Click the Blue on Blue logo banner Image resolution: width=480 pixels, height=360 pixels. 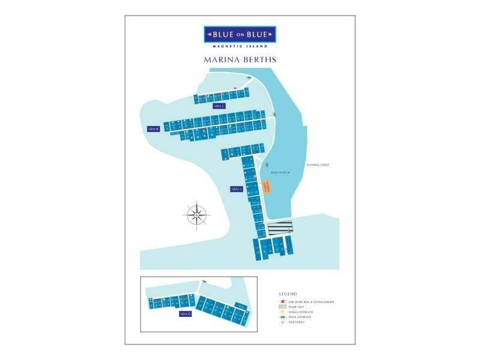[x=239, y=34]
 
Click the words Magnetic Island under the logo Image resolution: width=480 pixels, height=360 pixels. [x=239, y=47]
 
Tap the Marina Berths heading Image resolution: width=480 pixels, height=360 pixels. [x=239, y=61]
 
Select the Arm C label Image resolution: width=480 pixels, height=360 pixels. [x=219, y=106]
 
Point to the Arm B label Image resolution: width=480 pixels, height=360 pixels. [x=153, y=128]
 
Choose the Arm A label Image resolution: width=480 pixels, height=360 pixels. [x=236, y=189]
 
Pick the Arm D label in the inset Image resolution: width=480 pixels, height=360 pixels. [x=185, y=314]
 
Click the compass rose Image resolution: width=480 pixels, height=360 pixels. [x=197, y=214]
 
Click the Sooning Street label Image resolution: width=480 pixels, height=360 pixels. [x=318, y=164]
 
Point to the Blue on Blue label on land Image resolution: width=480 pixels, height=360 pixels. [x=280, y=172]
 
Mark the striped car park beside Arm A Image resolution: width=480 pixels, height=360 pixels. [x=280, y=228]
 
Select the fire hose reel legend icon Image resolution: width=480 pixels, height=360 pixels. [x=282, y=301]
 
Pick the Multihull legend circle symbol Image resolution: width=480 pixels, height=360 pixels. [x=282, y=322]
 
